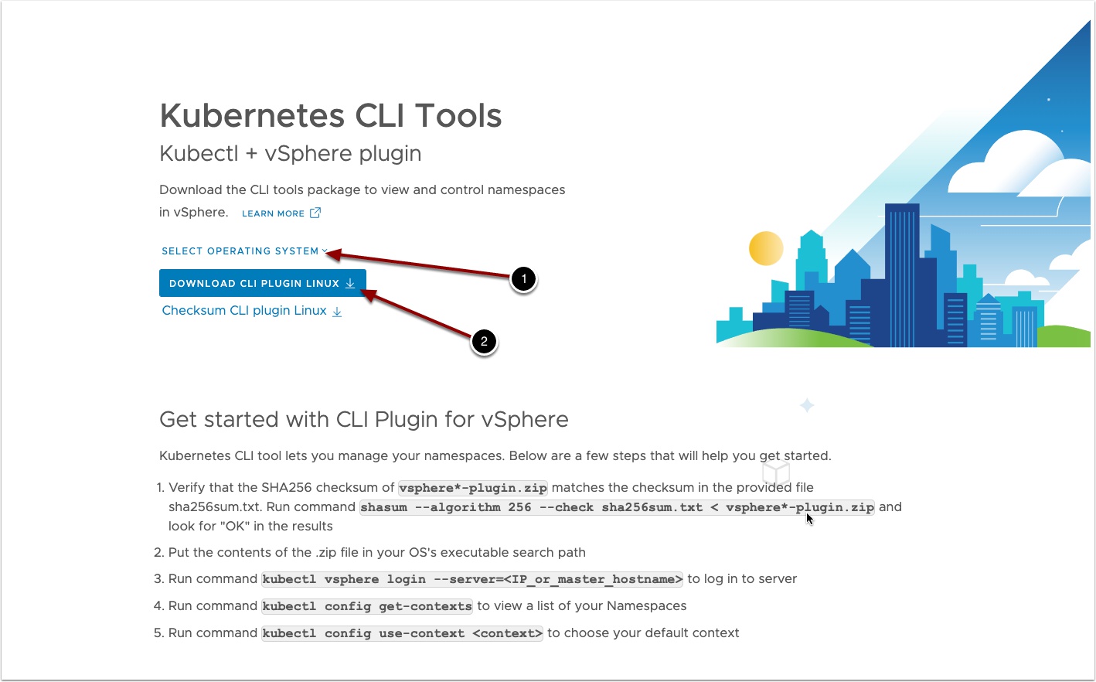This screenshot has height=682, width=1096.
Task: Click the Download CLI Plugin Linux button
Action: tap(262, 283)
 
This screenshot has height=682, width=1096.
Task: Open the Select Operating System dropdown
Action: tap(244, 251)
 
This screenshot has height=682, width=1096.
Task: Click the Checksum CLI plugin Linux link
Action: tap(251, 311)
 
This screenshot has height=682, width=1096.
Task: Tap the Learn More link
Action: tap(281, 213)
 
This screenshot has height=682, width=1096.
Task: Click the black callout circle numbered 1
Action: tap(523, 279)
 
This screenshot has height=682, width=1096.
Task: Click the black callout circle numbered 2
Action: tap(484, 341)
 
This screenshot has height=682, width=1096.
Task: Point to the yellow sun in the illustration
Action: tap(766, 248)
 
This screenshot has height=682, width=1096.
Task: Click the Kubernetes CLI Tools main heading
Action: tap(331, 115)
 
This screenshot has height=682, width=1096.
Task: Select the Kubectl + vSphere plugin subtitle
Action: tap(290, 153)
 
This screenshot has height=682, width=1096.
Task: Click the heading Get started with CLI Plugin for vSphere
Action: tap(364, 419)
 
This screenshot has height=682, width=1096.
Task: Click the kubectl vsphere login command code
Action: tap(472, 579)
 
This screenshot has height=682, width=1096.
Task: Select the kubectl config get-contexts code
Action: tap(367, 606)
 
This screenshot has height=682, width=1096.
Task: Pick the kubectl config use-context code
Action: tap(402, 633)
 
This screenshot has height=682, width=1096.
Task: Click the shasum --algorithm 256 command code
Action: tap(617, 507)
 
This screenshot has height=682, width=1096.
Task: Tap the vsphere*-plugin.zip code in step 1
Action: tap(473, 488)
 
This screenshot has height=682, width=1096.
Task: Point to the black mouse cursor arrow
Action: tap(809, 519)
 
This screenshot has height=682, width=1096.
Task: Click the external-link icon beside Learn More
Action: tap(315, 213)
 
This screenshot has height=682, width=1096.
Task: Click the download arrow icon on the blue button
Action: tap(350, 284)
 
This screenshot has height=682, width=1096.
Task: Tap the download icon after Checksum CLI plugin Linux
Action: tap(337, 312)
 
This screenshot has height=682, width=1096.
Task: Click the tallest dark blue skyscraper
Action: tap(901, 275)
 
